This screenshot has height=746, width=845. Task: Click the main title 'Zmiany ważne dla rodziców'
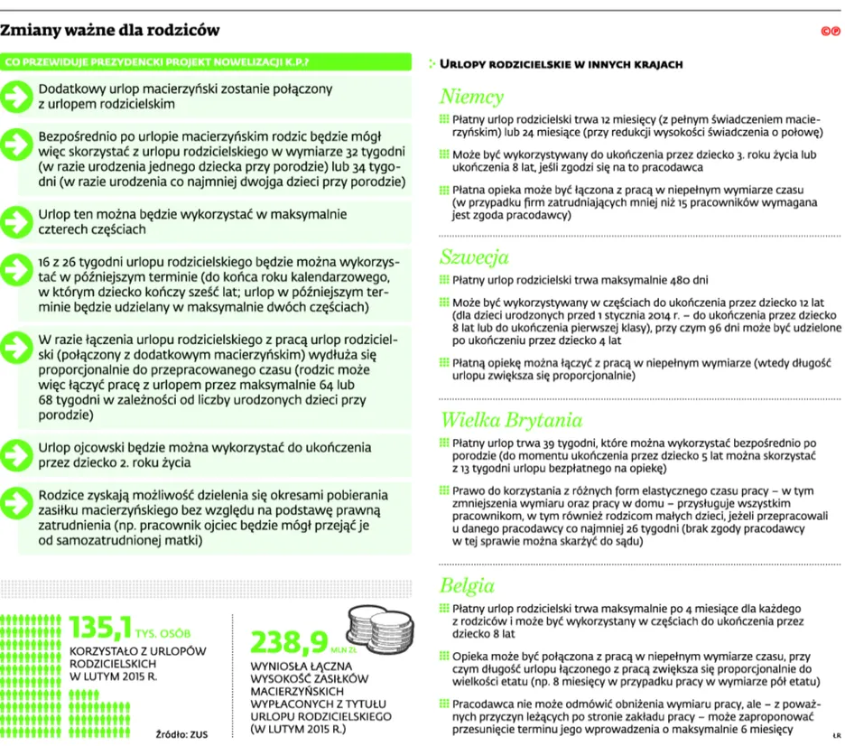(111, 31)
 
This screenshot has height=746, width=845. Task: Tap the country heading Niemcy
(471, 98)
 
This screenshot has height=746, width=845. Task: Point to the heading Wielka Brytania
(510, 420)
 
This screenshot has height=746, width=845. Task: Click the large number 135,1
(103, 627)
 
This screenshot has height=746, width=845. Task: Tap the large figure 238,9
(290, 642)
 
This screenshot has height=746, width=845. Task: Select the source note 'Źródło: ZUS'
(181, 734)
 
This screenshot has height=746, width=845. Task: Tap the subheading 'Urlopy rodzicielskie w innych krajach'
(560, 64)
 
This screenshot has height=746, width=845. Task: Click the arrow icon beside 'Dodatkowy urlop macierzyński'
(17, 97)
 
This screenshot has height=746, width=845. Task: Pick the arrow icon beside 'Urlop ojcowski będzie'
(17, 454)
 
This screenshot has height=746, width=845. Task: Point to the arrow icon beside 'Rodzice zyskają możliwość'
(17, 503)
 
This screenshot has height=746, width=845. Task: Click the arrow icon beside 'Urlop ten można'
(17, 221)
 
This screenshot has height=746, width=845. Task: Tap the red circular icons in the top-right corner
(831, 32)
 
